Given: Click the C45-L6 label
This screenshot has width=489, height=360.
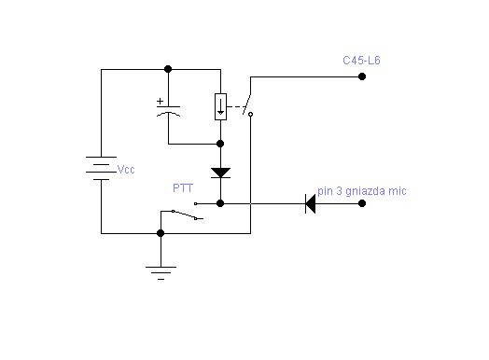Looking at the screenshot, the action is click(x=361, y=61).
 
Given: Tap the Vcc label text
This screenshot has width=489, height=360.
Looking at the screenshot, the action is click(x=126, y=170).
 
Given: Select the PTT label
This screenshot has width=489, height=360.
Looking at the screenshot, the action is click(x=183, y=188).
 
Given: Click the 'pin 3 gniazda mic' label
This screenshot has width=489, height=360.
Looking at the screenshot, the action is click(x=362, y=191).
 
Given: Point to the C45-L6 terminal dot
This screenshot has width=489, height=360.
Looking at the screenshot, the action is click(x=362, y=76).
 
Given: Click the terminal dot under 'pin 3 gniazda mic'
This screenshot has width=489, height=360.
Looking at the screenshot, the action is click(x=362, y=203).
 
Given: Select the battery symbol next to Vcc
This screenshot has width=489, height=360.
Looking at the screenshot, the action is click(x=101, y=168).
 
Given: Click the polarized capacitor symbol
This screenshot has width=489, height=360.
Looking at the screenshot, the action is click(x=168, y=111).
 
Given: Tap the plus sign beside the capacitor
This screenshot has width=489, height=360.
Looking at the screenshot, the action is click(x=160, y=101).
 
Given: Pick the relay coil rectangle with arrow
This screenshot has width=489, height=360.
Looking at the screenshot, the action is click(x=220, y=106).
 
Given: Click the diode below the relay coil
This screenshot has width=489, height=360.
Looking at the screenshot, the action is click(x=220, y=173).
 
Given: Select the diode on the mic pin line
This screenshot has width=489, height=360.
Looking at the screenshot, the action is click(x=311, y=204).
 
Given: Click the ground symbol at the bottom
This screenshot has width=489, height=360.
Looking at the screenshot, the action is click(x=161, y=273).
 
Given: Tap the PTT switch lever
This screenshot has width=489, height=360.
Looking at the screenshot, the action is click(x=185, y=215).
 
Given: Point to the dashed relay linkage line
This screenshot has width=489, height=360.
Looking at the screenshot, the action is click(x=235, y=107).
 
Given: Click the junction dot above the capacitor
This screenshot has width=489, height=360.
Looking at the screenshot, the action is click(x=168, y=69).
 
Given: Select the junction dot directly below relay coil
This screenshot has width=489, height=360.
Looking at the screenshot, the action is click(x=220, y=144).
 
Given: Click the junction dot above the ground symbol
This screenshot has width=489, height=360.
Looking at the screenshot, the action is click(x=161, y=233).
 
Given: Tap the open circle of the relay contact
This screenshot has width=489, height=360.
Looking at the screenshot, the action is click(x=250, y=115).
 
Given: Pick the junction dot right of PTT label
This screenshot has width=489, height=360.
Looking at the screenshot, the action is click(x=220, y=203).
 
